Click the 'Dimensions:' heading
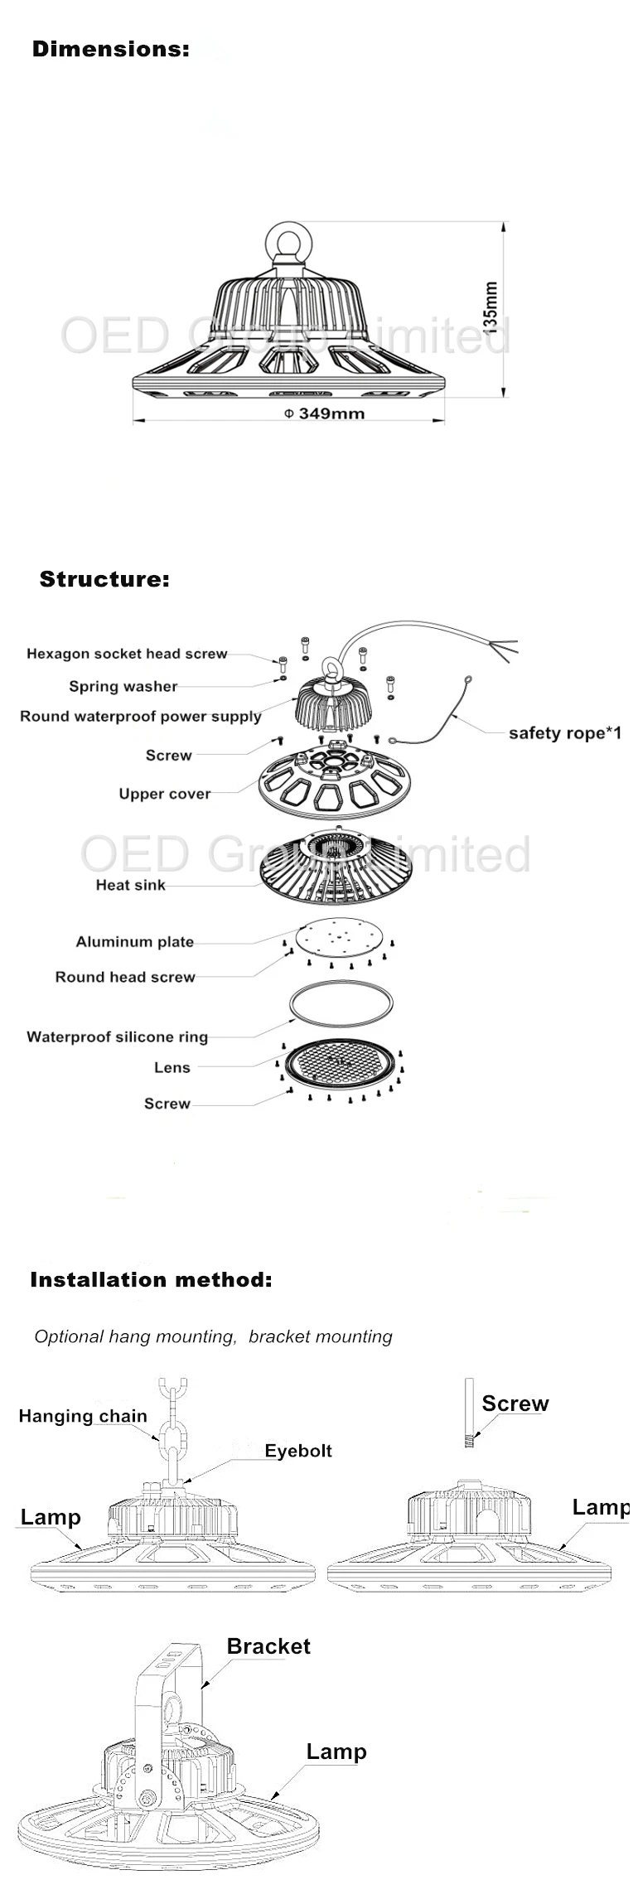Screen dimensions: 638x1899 tap(110, 49)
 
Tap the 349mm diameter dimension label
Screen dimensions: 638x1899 tap(325, 413)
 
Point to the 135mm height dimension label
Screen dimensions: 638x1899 tap(491, 306)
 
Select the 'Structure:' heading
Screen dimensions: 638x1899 tap(104, 579)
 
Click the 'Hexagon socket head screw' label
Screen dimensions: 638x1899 tap(127, 654)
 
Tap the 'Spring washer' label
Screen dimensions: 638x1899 tap(123, 686)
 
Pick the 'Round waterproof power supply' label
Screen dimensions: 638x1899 tap(141, 716)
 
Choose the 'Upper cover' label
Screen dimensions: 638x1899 tap(165, 794)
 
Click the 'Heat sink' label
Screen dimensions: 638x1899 tap(130, 885)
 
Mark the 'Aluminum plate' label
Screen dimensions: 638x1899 tap(135, 942)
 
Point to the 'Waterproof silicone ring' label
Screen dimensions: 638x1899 tap(117, 1036)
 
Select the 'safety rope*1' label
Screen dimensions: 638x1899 tap(564, 733)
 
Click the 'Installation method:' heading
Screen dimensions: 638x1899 tap(151, 1279)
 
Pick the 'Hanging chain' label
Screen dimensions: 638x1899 tap(83, 1416)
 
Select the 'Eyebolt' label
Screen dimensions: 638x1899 tap(298, 1451)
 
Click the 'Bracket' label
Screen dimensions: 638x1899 tap(268, 1646)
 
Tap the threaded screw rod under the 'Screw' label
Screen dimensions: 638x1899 tap(468, 1412)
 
